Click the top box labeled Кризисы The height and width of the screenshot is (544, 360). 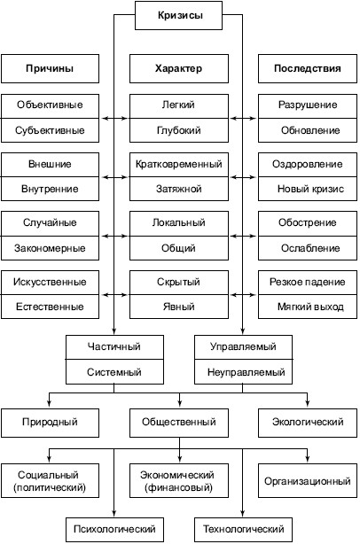pos(178,15)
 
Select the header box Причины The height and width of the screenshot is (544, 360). pos(50,68)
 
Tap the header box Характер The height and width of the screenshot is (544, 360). pos(179,68)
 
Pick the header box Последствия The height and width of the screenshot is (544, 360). pos(308,68)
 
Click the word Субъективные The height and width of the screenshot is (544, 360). pos(50,130)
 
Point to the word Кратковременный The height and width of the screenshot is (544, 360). pos(179,164)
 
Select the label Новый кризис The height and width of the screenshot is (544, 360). pos(310,189)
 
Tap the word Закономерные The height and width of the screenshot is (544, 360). pos(50,248)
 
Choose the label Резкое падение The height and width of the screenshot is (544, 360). pos(307,282)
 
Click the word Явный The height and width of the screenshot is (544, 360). pos(179,307)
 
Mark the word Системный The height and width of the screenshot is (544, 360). pos(114,372)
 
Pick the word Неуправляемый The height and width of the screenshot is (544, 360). pos(247,372)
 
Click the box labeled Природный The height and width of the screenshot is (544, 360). pos(50,423)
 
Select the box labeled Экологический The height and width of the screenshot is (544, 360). pos(308,423)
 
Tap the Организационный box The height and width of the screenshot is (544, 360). pos(308,480)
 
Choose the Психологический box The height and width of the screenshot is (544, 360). pos(114,529)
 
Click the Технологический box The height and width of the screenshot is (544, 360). pos(243,529)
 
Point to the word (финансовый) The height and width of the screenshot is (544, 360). pos(179,487)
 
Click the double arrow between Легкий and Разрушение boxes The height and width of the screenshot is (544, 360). pos(243,119)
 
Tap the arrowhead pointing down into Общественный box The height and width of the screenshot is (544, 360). pos(179,403)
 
